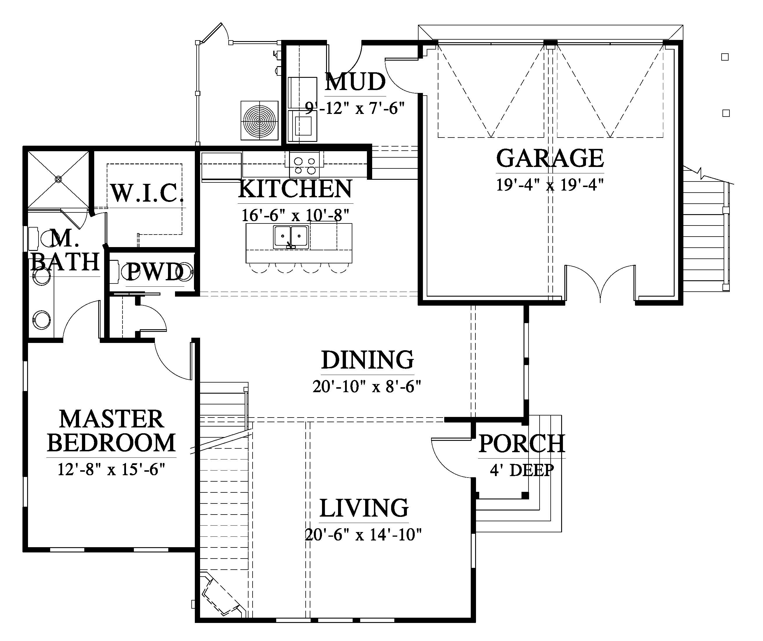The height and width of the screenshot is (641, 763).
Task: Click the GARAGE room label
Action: coord(550,158)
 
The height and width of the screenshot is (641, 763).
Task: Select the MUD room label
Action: coord(355,82)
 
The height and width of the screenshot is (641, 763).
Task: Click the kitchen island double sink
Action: coord(291,237)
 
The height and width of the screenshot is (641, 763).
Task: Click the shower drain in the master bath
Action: coord(58,179)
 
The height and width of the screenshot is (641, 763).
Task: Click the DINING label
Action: coord(367,360)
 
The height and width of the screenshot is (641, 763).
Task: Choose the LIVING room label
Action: coord(364,508)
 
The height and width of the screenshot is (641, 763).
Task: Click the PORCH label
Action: coord(521,444)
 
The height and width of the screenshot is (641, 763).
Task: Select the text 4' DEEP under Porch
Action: coord(521,470)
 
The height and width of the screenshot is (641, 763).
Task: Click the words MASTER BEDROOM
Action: coord(111,431)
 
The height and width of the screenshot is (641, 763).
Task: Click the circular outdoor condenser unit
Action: coord(259,120)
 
